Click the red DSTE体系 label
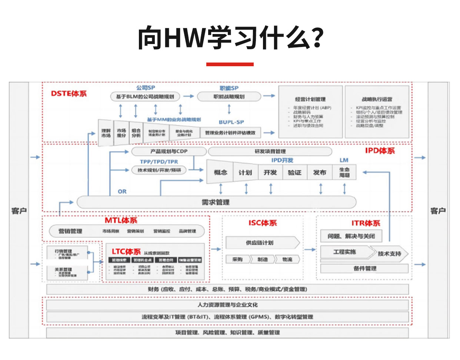tap(69, 94)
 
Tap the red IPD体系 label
tap(380, 151)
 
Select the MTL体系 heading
tap(121, 221)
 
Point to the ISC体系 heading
tap(263, 223)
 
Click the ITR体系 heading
tap(366, 223)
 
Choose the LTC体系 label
tap(126, 252)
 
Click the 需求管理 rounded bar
tap(216, 202)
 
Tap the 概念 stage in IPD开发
tap(220, 172)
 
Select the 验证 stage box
tap(295, 172)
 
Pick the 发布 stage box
tap(320, 172)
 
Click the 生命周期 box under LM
tap(344, 172)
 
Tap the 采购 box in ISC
tap(237, 259)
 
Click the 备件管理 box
tap(364, 268)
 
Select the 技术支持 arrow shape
tap(390, 253)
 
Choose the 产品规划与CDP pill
tap(169, 151)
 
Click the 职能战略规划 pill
tap(229, 97)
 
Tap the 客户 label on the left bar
tap(19, 211)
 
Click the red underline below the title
tap(230, 64)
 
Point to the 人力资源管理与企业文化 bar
tap(227, 305)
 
